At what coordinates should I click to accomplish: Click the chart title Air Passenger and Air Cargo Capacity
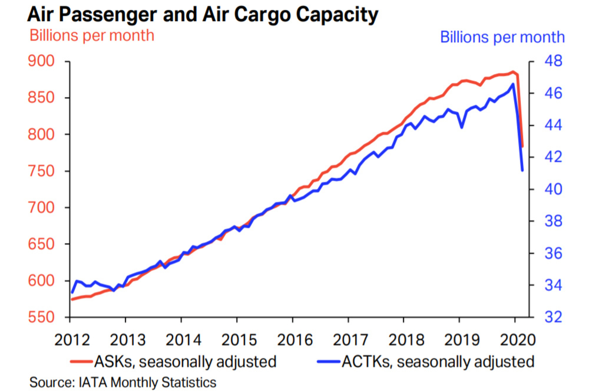[x=203, y=15]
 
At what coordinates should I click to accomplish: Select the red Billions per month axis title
[x=92, y=36]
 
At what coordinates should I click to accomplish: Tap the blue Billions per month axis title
[x=502, y=37]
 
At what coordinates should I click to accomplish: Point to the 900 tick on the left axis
[x=41, y=61]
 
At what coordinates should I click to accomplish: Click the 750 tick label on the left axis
[x=41, y=171]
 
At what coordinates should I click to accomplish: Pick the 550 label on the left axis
[x=41, y=317]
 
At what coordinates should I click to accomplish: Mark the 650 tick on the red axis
[x=41, y=244]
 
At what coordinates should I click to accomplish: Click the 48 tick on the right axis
[x=553, y=61]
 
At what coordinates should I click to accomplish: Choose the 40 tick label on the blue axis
[x=553, y=189]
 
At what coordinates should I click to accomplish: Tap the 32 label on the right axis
[x=553, y=317]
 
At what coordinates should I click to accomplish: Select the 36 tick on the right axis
[x=553, y=253]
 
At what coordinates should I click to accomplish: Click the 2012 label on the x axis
[x=72, y=340]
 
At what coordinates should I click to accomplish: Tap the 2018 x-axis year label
[x=406, y=340]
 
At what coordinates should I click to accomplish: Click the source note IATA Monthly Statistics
[x=123, y=383]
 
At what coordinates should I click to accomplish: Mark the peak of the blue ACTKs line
[x=513, y=84]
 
